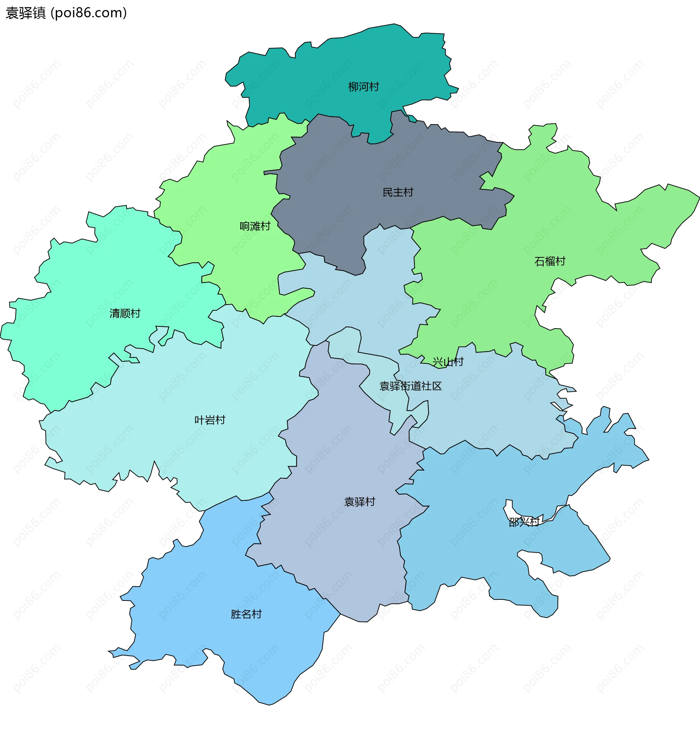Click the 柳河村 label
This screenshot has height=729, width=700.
pos(363,87)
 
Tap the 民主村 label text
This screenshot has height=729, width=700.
pos(398,192)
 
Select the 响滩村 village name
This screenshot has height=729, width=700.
pos(255,226)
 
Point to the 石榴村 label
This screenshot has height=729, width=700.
pos(549,261)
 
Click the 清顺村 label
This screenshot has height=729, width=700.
pos(125,314)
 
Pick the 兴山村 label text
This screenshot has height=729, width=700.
pos(448,362)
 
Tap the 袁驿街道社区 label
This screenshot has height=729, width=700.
pos(410,386)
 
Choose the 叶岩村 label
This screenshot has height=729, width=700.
pos(210,420)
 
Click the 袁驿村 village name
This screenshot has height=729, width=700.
pos(359,502)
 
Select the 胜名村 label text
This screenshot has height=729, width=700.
pos(246,614)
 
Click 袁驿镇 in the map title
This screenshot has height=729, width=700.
pos(26,13)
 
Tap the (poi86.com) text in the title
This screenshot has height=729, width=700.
pos(89,13)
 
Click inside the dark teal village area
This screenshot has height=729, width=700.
pos(334,67)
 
